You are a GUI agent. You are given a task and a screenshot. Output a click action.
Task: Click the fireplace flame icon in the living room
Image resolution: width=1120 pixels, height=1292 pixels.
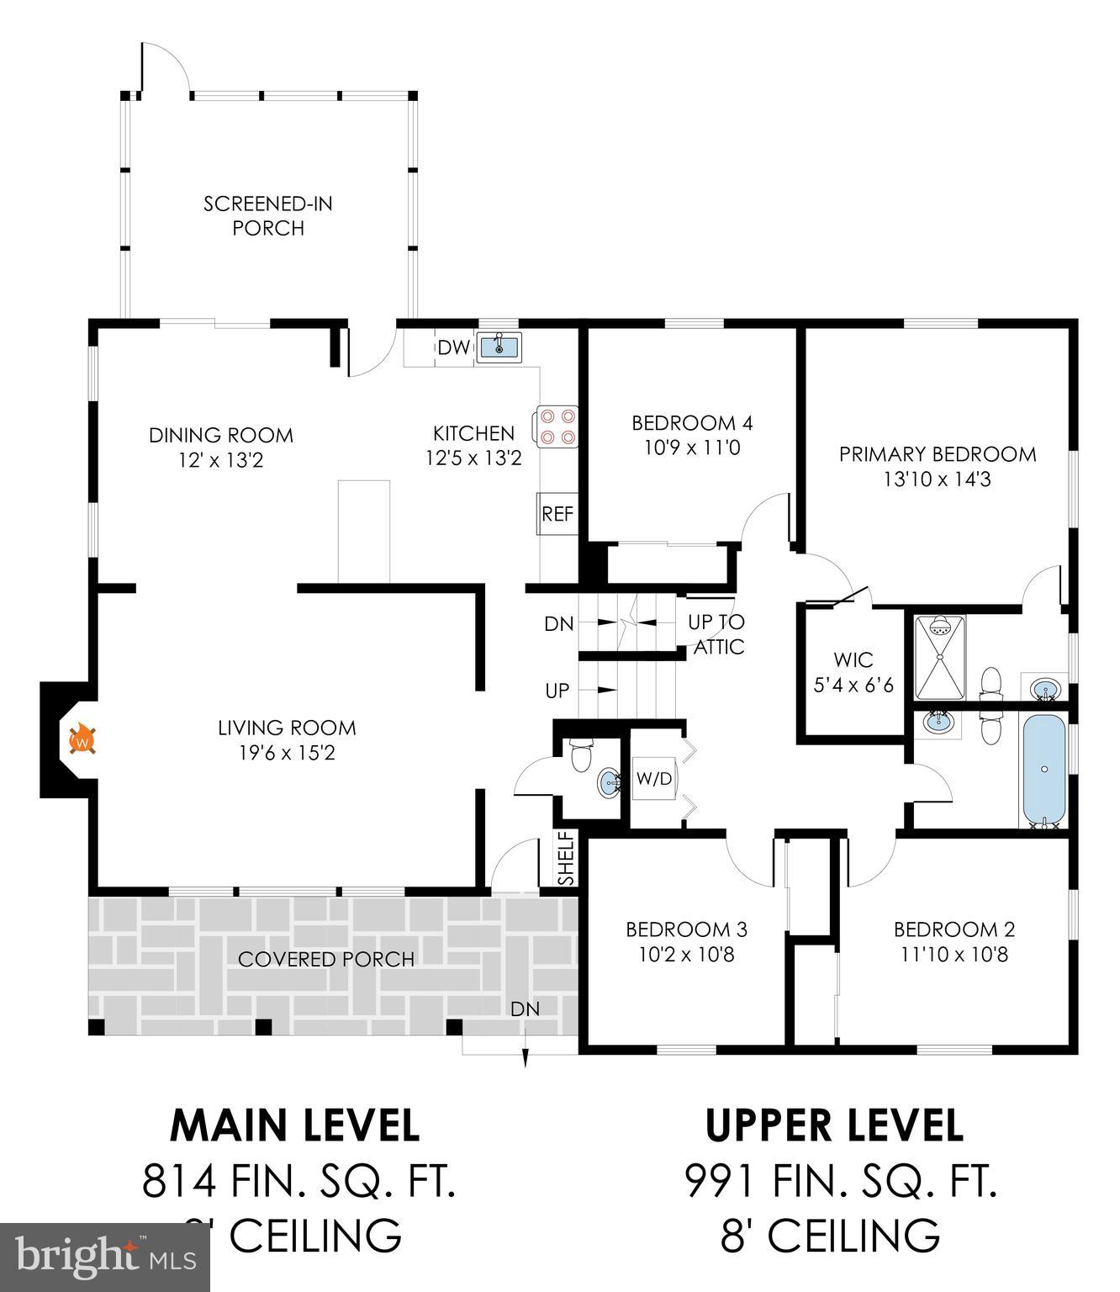[x=82, y=740]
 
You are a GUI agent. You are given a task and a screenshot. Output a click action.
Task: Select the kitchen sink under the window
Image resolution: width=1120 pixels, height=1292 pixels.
[x=499, y=346]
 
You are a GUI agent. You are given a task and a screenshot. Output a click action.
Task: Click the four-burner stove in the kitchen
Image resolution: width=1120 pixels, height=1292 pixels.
[x=557, y=426]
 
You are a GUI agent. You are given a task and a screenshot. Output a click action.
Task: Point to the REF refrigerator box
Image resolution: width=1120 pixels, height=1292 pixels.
[x=557, y=514]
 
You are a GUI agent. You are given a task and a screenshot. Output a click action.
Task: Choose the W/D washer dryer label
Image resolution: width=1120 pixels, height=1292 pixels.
[x=653, y=779]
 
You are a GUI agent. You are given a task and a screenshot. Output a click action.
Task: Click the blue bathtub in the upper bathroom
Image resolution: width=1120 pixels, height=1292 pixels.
[x=1043, y=770]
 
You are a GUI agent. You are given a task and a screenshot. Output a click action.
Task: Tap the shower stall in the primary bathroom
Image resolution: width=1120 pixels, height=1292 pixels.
[x=940, y=657]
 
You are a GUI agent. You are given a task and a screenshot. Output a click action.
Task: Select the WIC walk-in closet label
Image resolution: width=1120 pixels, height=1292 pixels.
[x=853, y=660]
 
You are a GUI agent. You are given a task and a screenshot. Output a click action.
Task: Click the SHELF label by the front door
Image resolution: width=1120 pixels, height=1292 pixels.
[x=566, y=859]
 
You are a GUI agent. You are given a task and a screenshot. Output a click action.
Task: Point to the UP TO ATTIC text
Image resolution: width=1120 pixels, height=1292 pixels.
[x=716, y=634]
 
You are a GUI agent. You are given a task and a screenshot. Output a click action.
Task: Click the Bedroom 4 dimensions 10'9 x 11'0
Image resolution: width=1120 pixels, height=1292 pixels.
[x=691, y=447]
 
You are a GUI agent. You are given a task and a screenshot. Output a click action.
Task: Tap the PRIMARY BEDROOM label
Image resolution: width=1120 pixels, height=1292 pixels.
[x=938, y=454]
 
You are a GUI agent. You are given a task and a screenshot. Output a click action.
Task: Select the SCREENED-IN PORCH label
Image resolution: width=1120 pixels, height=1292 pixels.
[x=268, y=215]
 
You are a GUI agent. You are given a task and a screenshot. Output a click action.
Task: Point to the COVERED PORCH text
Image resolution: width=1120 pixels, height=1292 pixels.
[x=325, y=959]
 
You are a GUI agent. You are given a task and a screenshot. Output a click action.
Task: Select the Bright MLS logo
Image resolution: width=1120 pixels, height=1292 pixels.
[x=105, y=1258]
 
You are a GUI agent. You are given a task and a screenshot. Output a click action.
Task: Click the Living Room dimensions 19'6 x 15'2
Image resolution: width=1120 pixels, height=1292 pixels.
[x=287, y=753]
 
